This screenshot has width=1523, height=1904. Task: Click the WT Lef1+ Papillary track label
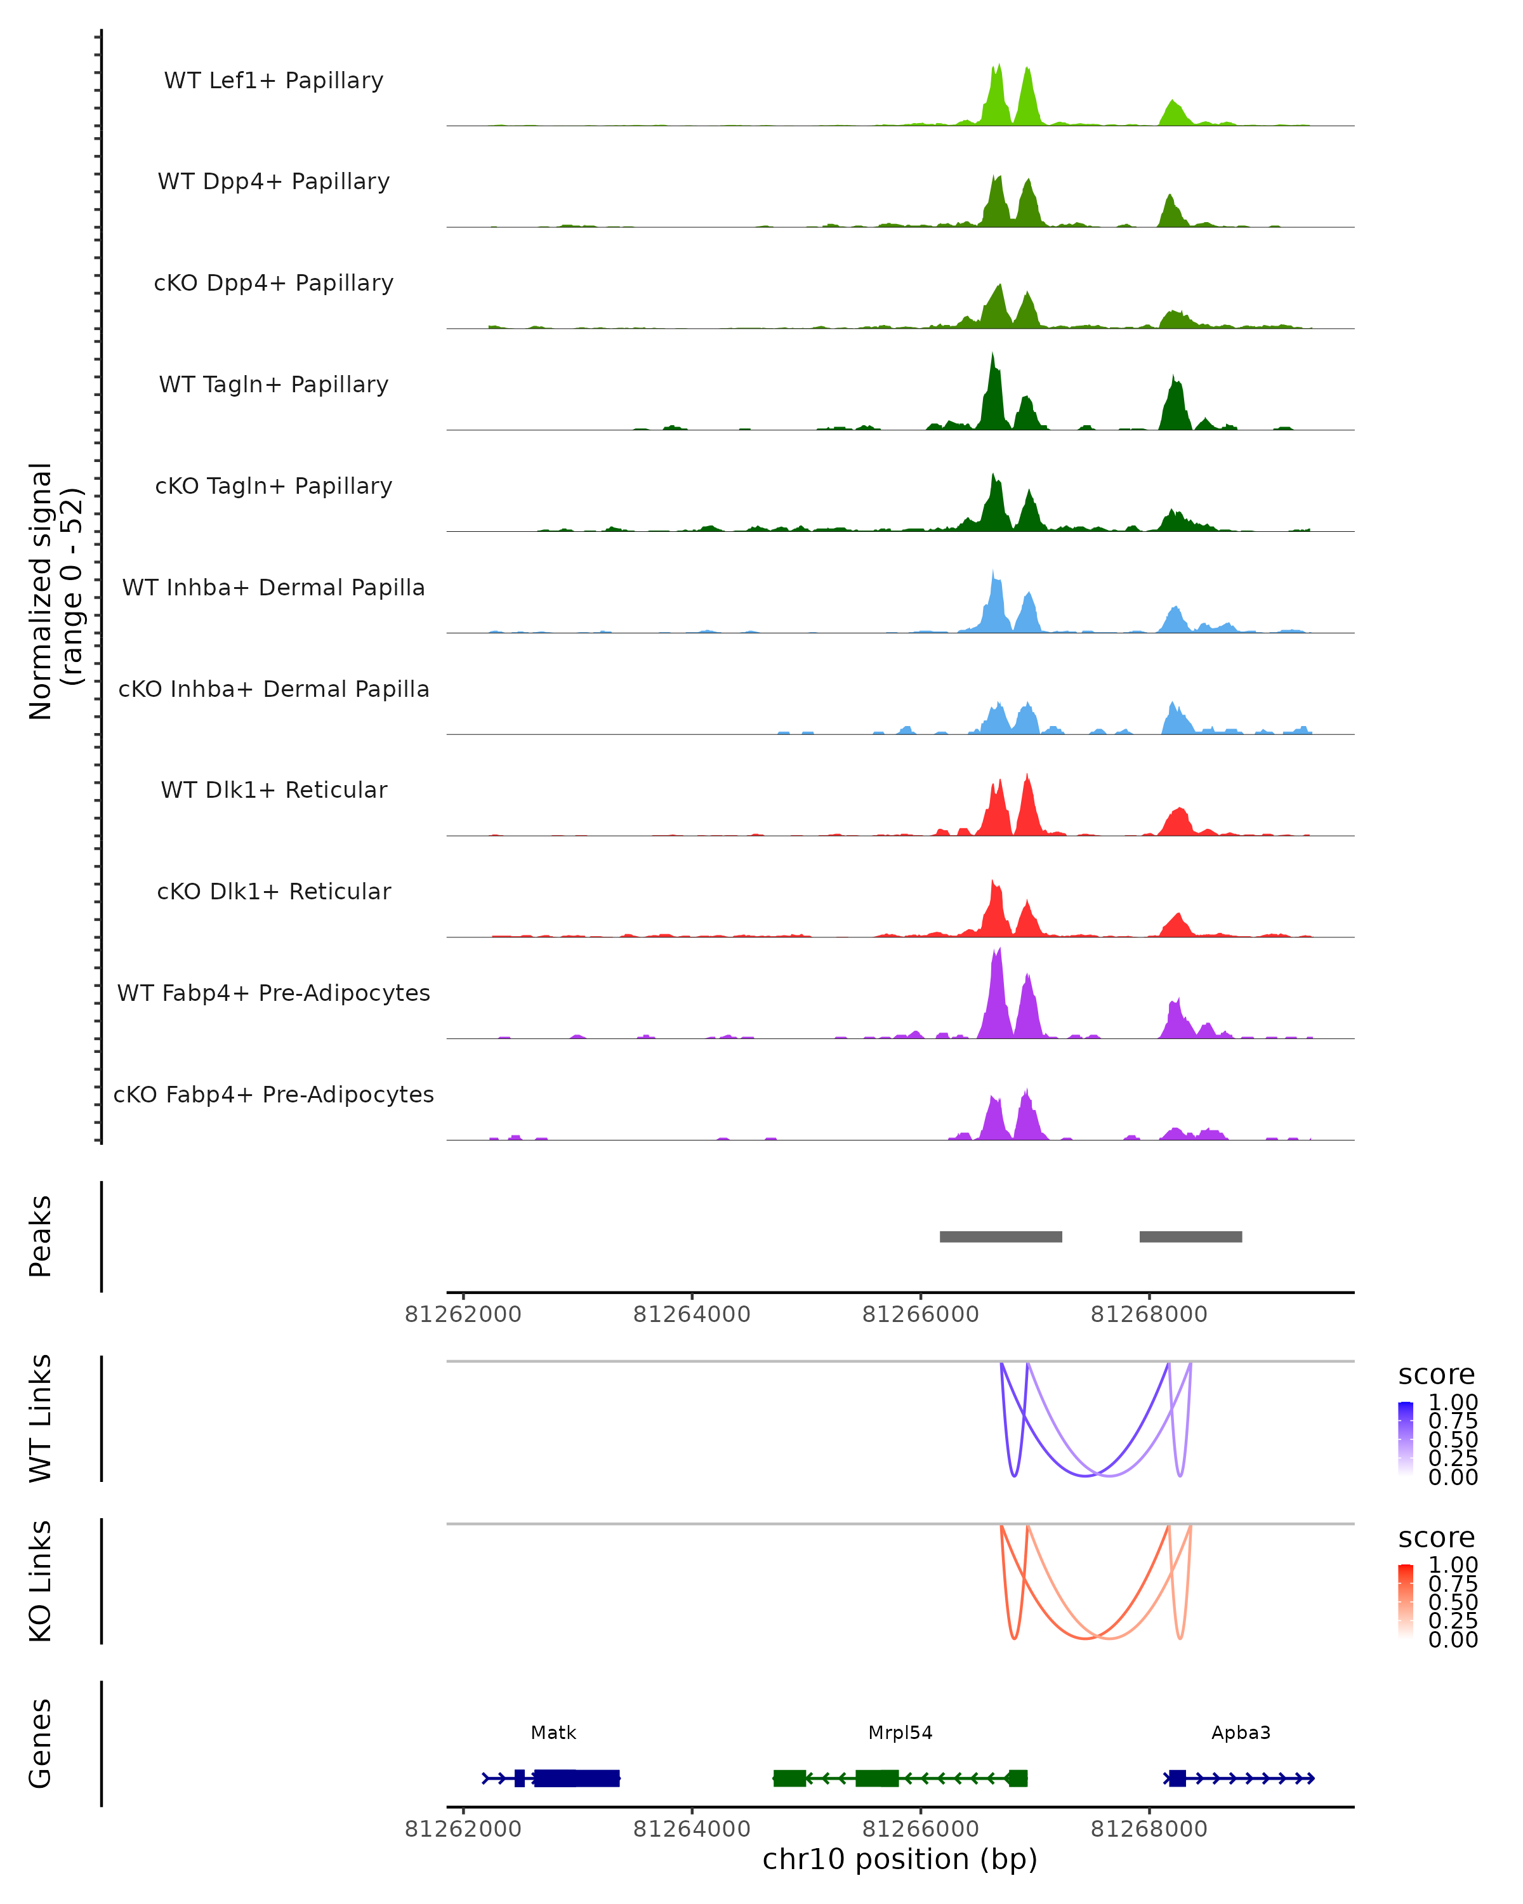[x=274, y=81]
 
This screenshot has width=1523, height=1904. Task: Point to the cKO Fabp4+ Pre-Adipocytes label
[x=274, y=1094]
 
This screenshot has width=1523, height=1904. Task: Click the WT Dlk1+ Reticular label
[x=274, y=790]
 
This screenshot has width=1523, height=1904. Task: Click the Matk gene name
[x=553, y=1733]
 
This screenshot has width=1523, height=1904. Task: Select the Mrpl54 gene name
[x=900, y=1733]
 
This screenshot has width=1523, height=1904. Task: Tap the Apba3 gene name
[x=1241, y=1733]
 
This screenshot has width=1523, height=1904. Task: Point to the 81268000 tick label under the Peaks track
[x=1149, y=1314]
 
